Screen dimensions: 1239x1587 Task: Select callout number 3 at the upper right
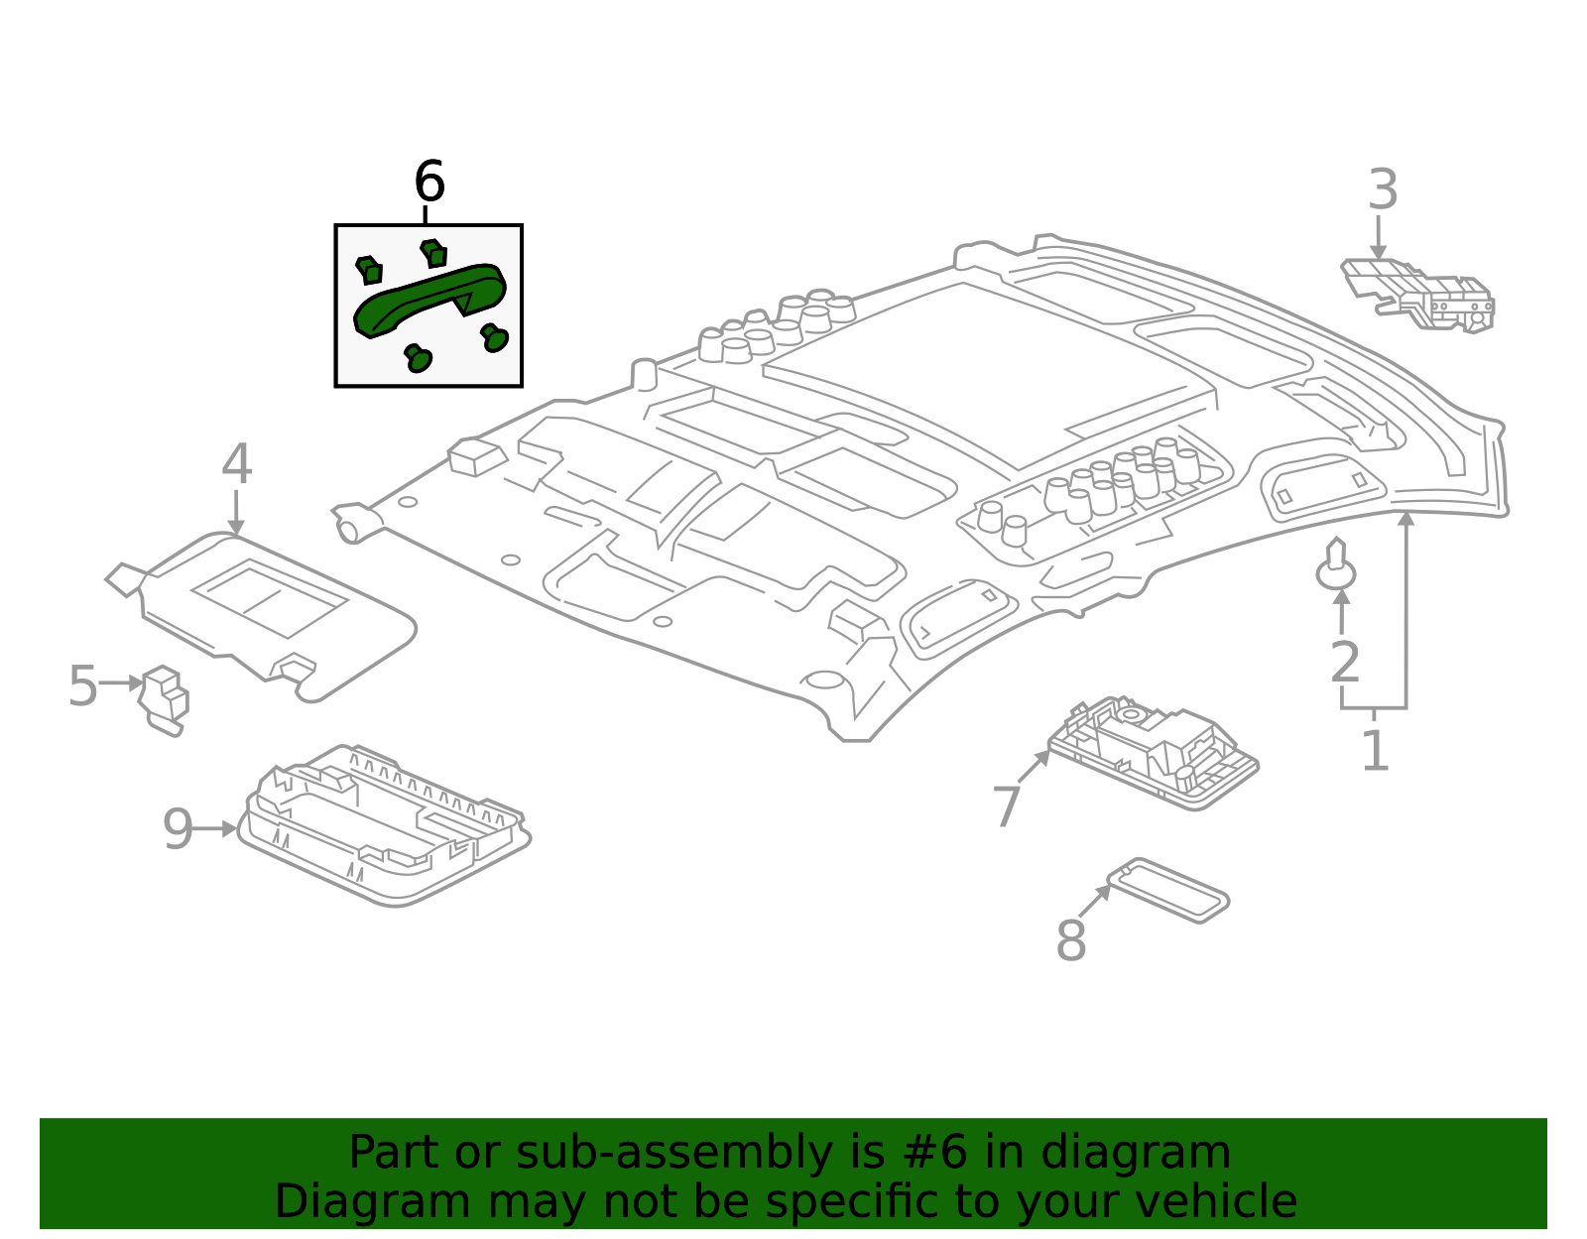click(1383, 190)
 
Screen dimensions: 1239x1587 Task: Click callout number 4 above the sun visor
click(236, 464)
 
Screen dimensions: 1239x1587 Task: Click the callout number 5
click(83, 685)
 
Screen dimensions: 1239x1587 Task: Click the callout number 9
click(178, 829)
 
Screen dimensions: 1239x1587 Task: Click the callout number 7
click(1007, 806)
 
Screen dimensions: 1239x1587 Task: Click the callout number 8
click(1070, 940)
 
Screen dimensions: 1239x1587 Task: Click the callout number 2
click(1344, 663)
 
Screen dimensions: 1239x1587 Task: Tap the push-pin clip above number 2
click(1337, 566)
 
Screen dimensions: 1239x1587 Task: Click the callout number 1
click(1375, 751)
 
